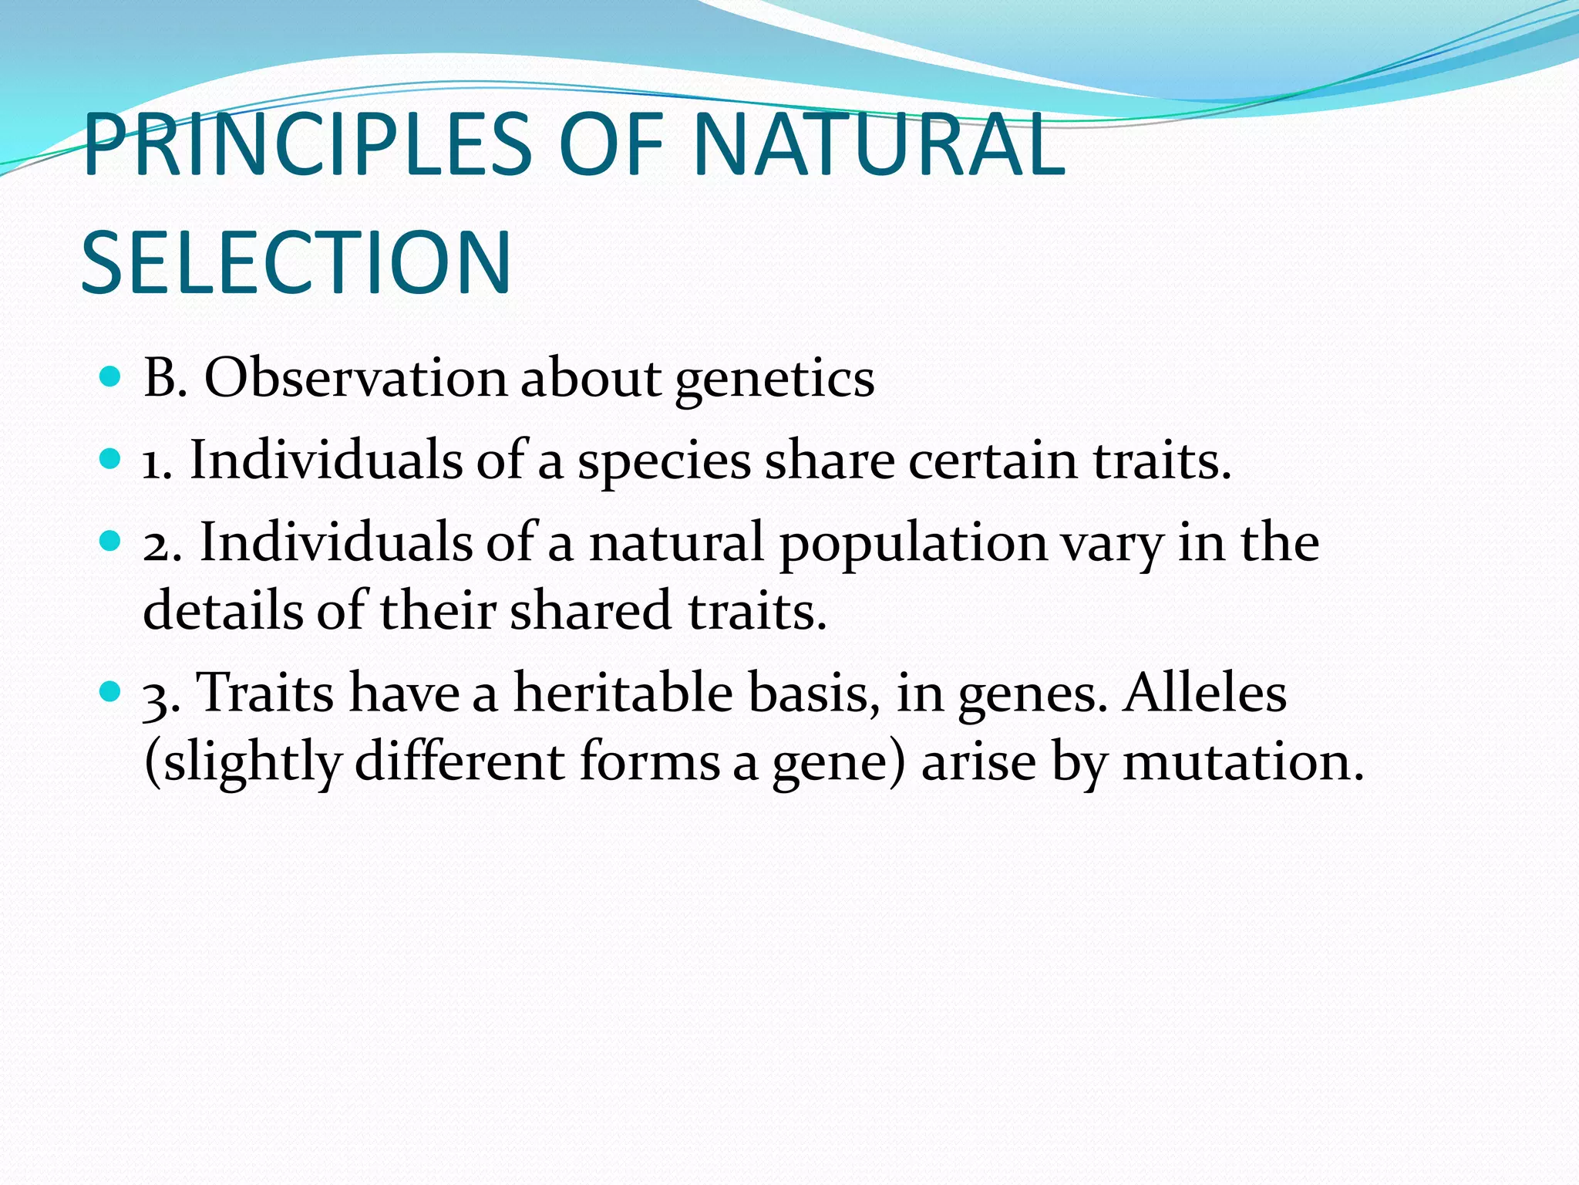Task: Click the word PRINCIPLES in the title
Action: [x=307, y=145]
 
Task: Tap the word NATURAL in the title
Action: [x=879, y=145]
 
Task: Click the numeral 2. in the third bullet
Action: [x=162, y=543]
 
